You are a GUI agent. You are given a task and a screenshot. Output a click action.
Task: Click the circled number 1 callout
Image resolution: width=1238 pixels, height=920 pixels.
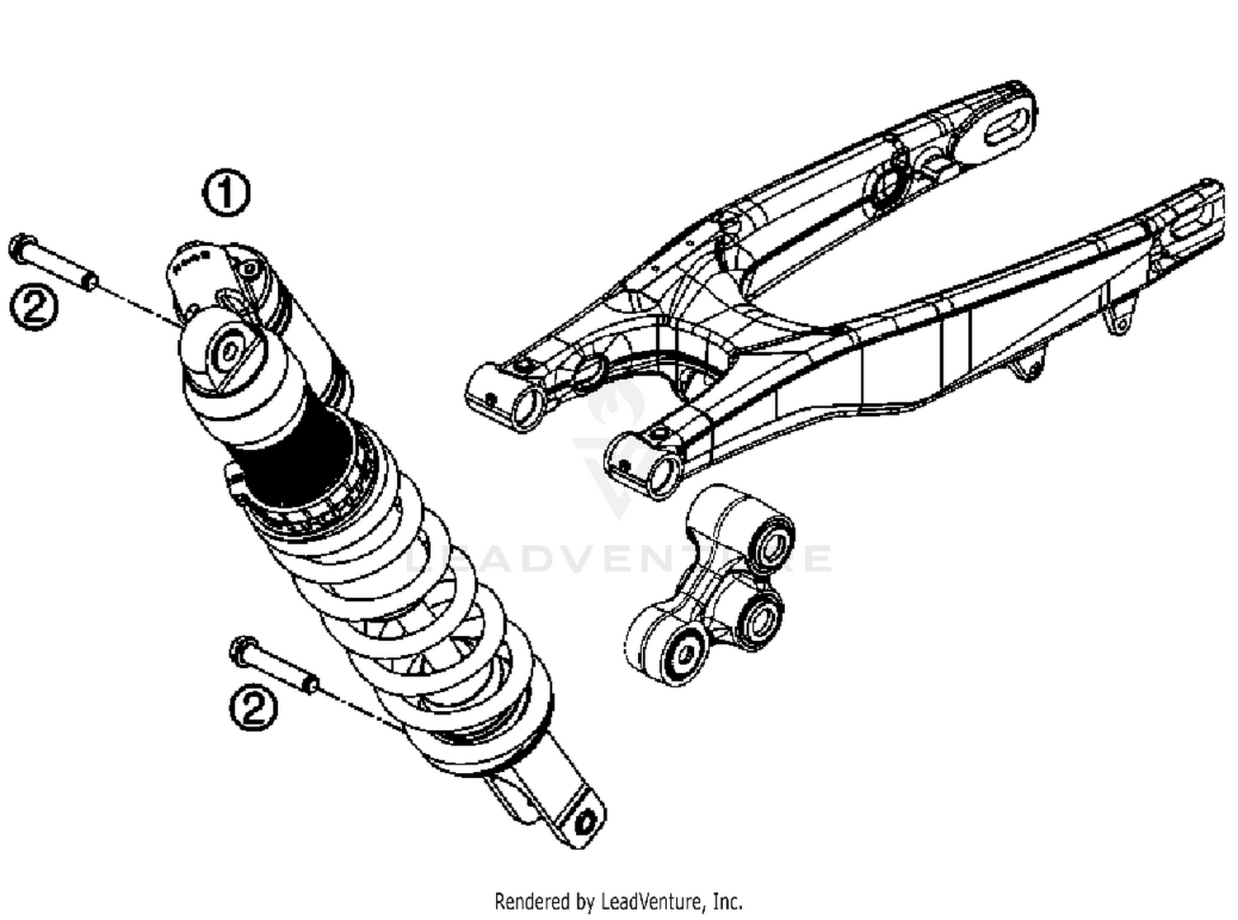pyautogui.click(x=226, y=194)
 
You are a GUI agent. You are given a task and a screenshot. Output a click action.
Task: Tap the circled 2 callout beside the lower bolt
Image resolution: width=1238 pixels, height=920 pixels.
pyautogui.click(x=253, y=707)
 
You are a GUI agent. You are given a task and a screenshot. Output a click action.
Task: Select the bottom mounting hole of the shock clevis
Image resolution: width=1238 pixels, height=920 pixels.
pyautogui.click(x=587, y=823)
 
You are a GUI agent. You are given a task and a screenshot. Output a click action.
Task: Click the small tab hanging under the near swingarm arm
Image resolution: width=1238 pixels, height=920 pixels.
pyautogui.click(x=1025, y=366)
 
